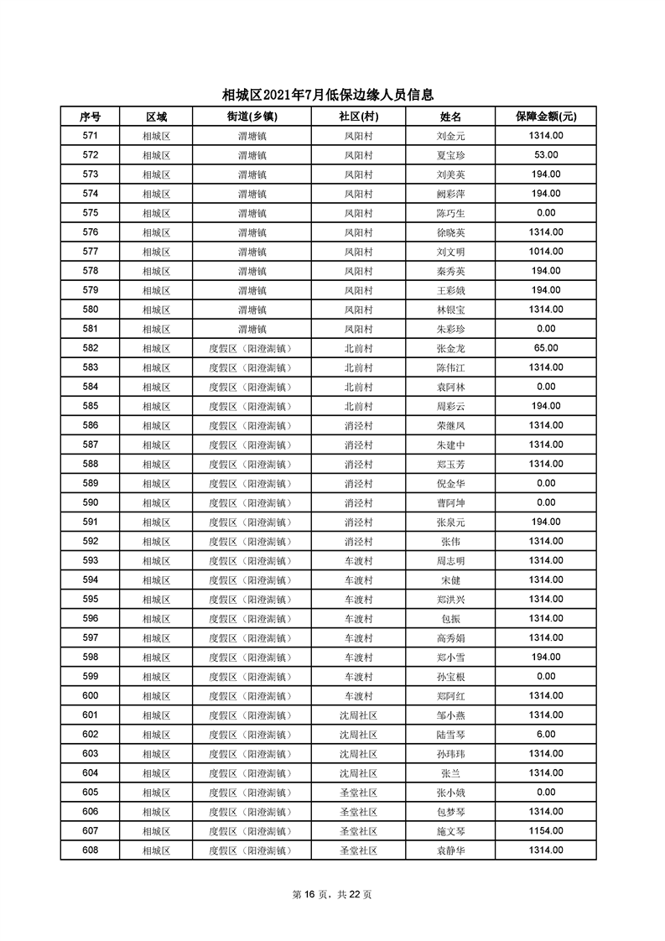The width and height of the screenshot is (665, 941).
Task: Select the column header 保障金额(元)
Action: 545,117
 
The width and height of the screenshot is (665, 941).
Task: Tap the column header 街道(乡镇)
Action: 252,117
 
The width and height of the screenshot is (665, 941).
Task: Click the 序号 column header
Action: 91,117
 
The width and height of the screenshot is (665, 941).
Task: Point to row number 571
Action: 91,136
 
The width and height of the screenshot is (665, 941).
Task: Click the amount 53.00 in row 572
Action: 546,155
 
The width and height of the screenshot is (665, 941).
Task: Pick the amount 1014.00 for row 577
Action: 546,252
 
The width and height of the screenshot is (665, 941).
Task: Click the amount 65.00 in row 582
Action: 546,348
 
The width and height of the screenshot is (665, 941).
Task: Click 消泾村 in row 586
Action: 358,425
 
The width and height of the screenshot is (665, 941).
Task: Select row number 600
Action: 91,695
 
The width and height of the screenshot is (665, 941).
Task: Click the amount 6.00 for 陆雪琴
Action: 546,734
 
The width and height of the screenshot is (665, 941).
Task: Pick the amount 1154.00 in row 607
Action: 546,830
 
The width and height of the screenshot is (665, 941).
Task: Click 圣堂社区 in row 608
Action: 358,850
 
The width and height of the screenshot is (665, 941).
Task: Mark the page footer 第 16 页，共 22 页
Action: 332,894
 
